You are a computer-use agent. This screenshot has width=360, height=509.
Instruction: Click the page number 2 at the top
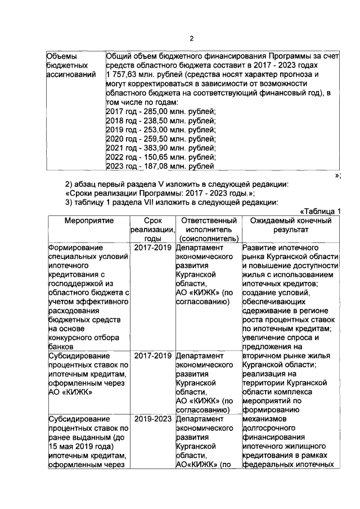[x=191, y=38]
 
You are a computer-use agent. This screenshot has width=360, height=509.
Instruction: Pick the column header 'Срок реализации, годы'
[x=152, y=230]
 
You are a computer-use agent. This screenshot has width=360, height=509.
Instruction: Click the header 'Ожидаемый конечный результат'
[x=290, y=226]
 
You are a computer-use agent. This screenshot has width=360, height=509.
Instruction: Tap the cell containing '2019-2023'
[x=152, y=420]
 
